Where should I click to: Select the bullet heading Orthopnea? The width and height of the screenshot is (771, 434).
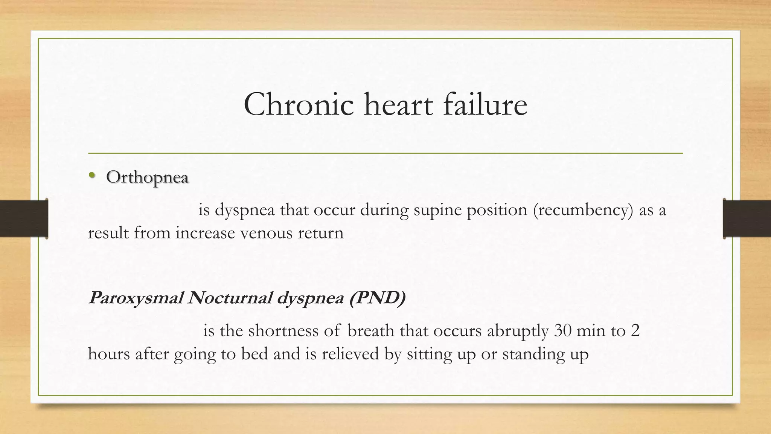click(x=147, y=177)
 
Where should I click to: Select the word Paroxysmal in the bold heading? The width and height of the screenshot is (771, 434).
click(x=136, y=298)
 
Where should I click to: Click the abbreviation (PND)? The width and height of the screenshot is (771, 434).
click(x=377, y=298)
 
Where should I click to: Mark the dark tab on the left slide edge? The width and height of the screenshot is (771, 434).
click(x=24, y=219)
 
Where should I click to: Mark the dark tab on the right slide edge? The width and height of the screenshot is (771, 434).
click(x=747, y=219)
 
